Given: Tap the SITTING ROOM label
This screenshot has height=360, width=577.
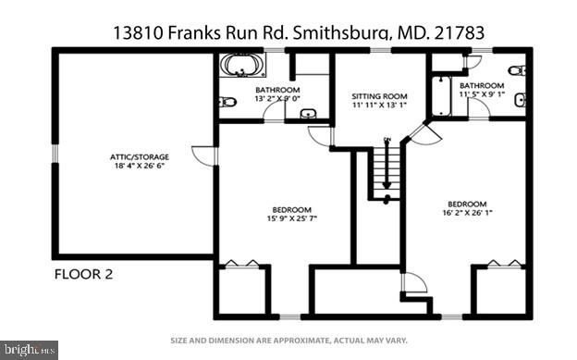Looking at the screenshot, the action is (377, 95).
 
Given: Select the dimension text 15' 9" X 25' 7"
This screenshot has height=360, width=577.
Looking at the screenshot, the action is (291, 219).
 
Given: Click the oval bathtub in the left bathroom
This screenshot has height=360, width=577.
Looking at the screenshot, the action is (242, 66).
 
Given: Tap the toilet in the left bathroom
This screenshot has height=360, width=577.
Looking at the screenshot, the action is (229, 102).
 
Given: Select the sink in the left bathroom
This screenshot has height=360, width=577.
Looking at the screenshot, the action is (308, 114).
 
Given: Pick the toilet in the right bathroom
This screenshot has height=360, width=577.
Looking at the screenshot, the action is (520, 70).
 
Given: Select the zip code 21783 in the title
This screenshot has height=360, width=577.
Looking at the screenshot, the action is (463, 31).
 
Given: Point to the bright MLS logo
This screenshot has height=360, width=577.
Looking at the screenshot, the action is (29, 350).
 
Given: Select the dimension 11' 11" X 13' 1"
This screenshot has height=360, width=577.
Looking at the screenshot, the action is (377, 105).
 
